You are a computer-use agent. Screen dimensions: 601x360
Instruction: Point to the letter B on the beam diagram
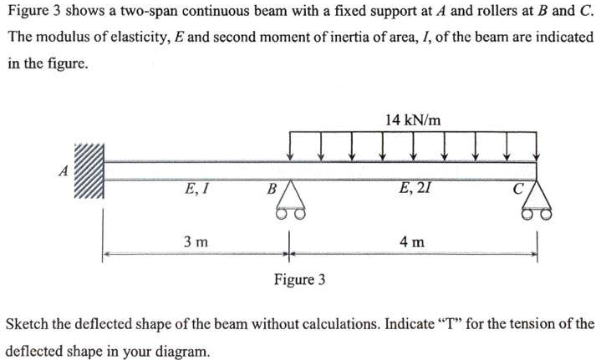[x=270, y=189]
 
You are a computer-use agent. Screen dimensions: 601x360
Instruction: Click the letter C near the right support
[x=519, y=189]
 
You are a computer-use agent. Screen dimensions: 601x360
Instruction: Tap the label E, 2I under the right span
[x=415, y=189]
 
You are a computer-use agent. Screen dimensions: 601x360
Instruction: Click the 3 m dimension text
[x=196, y=242]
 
